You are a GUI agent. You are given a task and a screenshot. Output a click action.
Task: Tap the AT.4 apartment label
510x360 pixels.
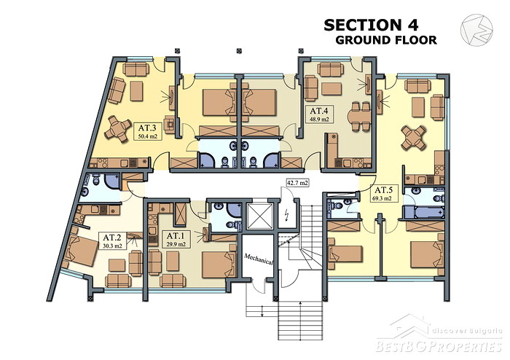(319, 114)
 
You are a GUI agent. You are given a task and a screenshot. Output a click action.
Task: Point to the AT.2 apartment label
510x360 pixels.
(112, 241)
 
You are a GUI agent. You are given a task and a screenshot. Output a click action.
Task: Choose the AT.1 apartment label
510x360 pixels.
(176, 240)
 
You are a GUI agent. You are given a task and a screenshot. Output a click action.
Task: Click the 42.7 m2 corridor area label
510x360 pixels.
(297, 183)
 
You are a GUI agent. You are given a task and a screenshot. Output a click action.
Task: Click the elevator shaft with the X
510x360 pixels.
(259, 216)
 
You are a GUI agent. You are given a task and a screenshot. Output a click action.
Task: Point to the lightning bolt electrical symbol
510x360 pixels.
(287, 215)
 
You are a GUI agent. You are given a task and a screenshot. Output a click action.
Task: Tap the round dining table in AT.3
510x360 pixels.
(117, 129)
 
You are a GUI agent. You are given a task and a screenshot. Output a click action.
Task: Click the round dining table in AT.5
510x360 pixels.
(413, 138)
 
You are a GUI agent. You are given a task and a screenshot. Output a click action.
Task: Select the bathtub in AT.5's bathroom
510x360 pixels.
(424, 212)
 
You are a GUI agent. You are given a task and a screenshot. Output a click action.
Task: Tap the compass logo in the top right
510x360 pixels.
(476, 30)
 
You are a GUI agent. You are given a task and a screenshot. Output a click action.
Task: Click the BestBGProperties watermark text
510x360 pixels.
(439, 346)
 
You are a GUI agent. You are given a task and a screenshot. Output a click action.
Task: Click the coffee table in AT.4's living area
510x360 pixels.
(331, 89)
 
